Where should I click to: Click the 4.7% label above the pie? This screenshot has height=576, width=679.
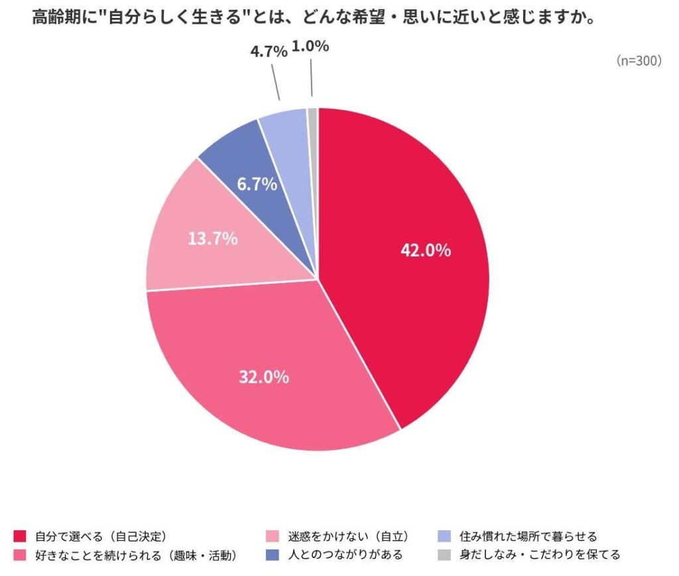269,52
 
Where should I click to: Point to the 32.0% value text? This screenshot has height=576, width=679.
264,377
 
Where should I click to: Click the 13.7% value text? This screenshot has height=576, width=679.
212,239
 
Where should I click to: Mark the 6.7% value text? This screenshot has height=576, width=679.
257,184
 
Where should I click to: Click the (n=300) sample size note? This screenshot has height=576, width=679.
639,61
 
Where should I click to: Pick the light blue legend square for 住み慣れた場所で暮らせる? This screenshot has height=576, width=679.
445,536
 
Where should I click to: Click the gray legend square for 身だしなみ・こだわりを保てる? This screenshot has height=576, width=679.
445,554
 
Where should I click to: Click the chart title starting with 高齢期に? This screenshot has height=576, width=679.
312,17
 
